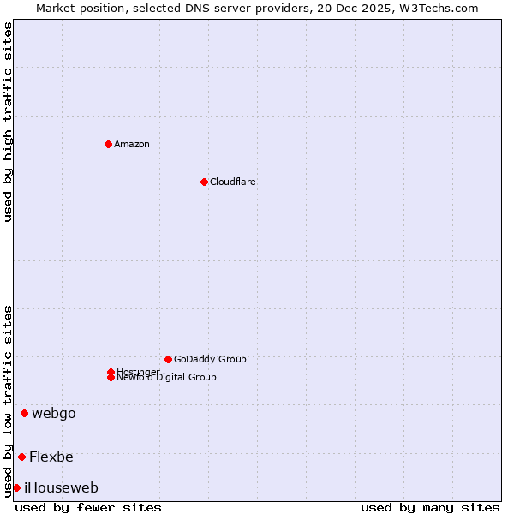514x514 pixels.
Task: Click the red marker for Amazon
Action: coord(108,144)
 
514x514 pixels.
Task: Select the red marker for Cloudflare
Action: coord(204,182)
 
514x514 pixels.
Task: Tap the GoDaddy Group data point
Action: coord(168,359)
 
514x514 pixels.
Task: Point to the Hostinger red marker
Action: coord(111,372)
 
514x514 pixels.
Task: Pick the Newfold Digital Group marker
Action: coord(111,378)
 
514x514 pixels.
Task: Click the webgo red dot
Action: coord(24,413)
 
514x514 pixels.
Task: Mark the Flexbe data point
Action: coord(21,457)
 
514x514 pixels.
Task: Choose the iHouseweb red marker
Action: coord(16,487)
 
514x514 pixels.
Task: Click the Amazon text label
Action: coord(132,144)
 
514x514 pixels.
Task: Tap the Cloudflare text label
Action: coord(233,182)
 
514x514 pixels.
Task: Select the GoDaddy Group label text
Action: coord(210,359)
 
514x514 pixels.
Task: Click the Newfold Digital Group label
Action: coord(168,378)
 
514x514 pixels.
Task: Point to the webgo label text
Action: coord(54,413)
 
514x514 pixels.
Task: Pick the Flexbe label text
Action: coord(51,457)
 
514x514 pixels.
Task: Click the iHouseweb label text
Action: coord(61,487)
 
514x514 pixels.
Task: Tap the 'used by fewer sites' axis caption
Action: coord(88,507)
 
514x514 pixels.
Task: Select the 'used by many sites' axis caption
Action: coord(430,507)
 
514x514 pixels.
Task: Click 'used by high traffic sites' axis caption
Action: coord(8,122)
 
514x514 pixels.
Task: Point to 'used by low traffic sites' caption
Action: coord(8,401)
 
